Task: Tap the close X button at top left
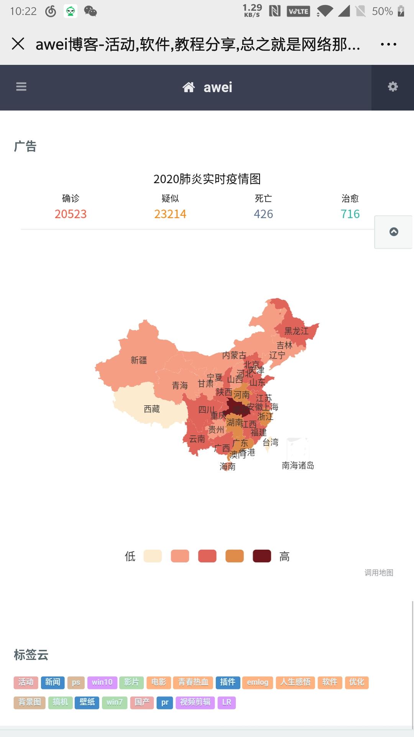coord(18,44)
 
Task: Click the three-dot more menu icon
coord(388,45)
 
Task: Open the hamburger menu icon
coord(21,87)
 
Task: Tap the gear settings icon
coord(393,87)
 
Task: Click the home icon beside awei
coord(188,88)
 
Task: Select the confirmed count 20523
coord(71,214)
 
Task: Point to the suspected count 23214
coord(170,214)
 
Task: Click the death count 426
coord(263,214)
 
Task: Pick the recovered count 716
coord(350,214)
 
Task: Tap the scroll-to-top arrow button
coord(394,232)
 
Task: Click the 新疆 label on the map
coord(139,360)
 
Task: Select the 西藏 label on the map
coord(152,409)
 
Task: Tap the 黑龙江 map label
coord(296,331)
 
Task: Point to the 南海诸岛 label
coord(298,466)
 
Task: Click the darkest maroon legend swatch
coord(262,556)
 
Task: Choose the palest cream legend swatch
coord(153,556)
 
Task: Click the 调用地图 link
coord(379,573)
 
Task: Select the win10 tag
coord(102,682)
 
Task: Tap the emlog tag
coord(258,682)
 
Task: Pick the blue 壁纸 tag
coord(87,702)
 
